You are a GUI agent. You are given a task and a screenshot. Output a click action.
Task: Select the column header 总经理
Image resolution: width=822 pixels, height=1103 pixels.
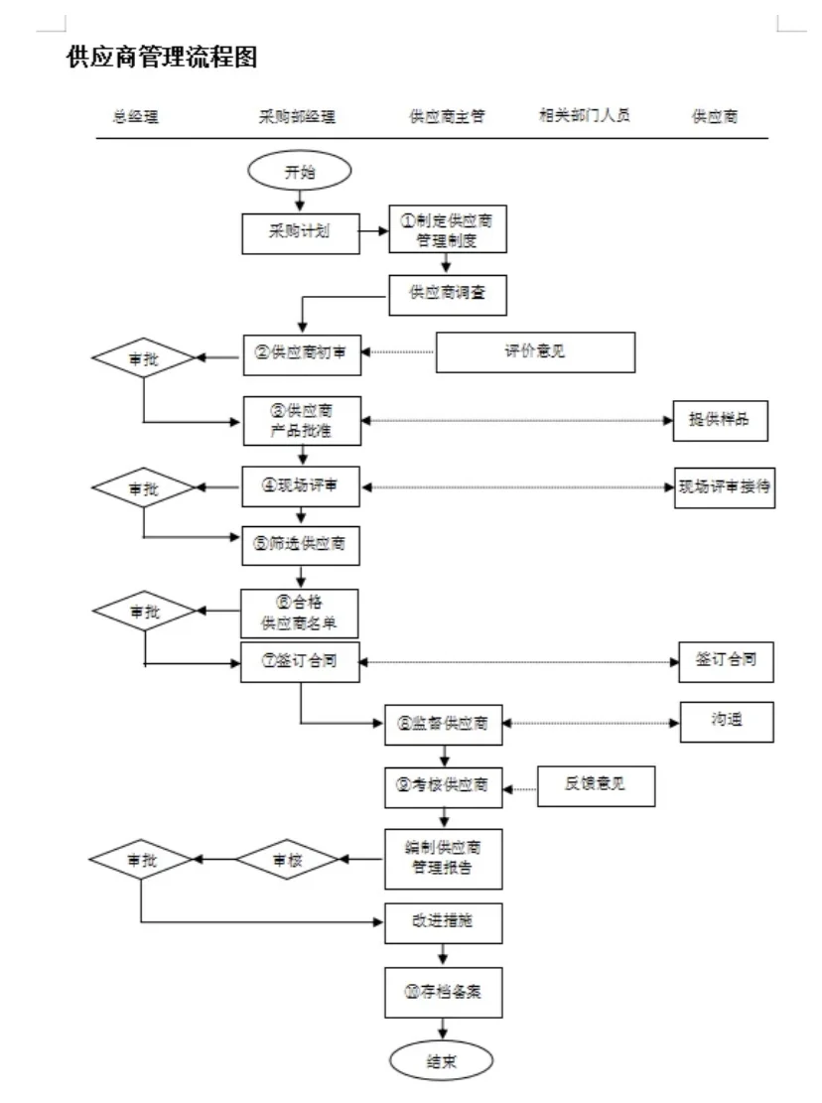click(x=136, y=116)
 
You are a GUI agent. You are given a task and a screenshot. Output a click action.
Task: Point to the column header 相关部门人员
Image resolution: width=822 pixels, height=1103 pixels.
click(x=584, y=115)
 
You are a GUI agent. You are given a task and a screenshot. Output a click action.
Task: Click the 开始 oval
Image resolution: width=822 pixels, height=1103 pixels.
click(x=299, y=172)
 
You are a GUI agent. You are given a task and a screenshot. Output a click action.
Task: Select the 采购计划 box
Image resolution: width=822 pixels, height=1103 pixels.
click(x=300, y=232)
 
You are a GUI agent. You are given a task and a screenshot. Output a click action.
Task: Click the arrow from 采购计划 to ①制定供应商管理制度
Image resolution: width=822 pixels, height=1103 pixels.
click(x=373, y=232)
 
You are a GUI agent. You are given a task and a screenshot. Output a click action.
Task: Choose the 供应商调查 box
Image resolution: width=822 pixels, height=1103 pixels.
click(x=448, y=294)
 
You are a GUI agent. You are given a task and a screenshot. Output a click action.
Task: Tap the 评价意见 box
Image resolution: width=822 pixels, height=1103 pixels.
click(x=535, y=352)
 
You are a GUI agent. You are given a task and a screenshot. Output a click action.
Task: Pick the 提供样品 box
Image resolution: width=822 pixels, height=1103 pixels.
click(x=720, y=420)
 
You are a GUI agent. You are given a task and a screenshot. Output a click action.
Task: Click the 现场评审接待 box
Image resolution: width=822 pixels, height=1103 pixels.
click(x=725, y=487)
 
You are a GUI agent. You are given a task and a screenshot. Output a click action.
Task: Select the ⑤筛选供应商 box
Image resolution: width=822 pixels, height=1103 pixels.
click(x=301, y=543)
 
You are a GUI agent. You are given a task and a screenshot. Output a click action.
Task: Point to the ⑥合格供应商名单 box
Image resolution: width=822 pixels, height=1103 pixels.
click(x=299, y=614)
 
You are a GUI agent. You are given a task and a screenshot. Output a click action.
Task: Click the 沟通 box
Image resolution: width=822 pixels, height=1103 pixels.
click(x=726, y=722)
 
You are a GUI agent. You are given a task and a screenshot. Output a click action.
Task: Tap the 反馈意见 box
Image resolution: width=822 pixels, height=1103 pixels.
click(x=596, y=786)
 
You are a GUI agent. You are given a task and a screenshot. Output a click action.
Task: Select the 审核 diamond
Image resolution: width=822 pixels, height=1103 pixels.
click(x=286, y=859)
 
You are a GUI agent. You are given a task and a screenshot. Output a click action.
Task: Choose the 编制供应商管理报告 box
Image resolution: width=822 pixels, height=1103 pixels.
click(x=444, y=858)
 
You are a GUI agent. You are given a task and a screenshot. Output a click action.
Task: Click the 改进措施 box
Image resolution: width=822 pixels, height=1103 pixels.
click(x=444, y=922)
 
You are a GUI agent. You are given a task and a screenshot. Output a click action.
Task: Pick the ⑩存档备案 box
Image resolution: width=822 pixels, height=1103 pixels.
click(x=444, y=990)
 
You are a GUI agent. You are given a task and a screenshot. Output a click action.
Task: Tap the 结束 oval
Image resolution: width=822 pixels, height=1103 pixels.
click(x=442, y=1059)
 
